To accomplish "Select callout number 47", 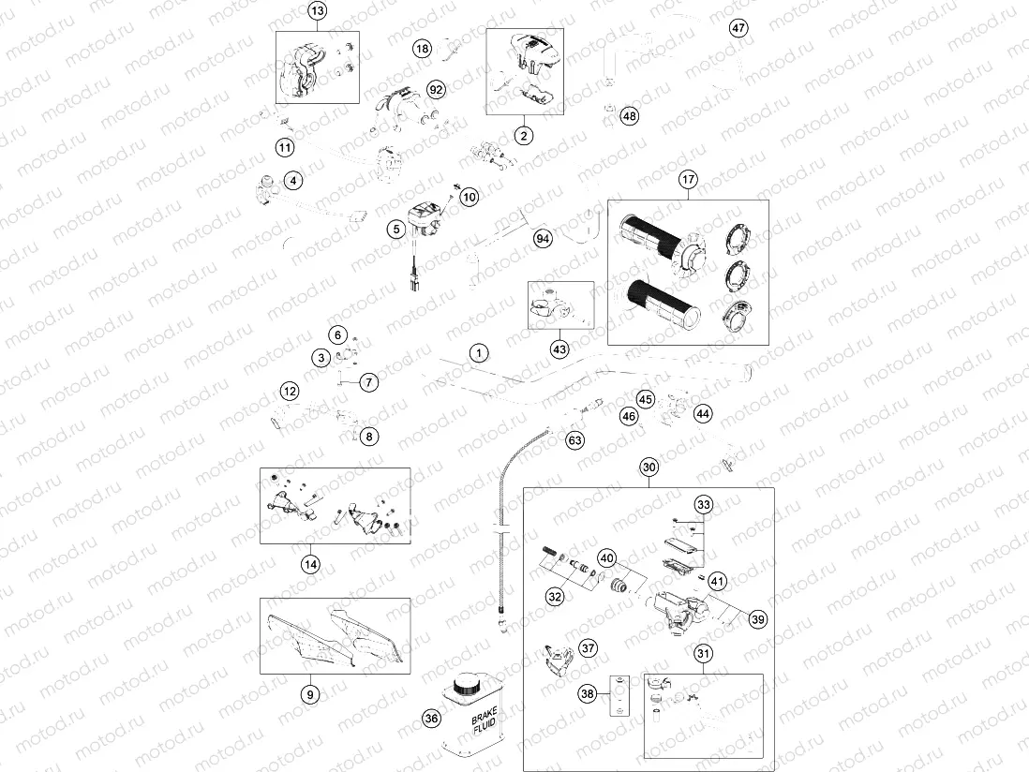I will tap(738, 27).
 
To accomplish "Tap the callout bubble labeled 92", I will tap(436, 89).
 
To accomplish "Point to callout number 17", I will tap(689, 179).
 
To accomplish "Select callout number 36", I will tap(431, 719).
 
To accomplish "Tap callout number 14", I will tap(310, 564).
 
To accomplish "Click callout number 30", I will tap(649, 467).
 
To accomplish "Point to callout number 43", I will tap(559, 349).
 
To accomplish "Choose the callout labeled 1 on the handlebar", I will tap(479, 353).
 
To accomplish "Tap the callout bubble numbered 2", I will tap(523, 135).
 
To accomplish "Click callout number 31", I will tap(703, 654).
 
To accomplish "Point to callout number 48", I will tap(629, 116).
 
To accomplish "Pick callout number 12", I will tap(290, 390).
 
